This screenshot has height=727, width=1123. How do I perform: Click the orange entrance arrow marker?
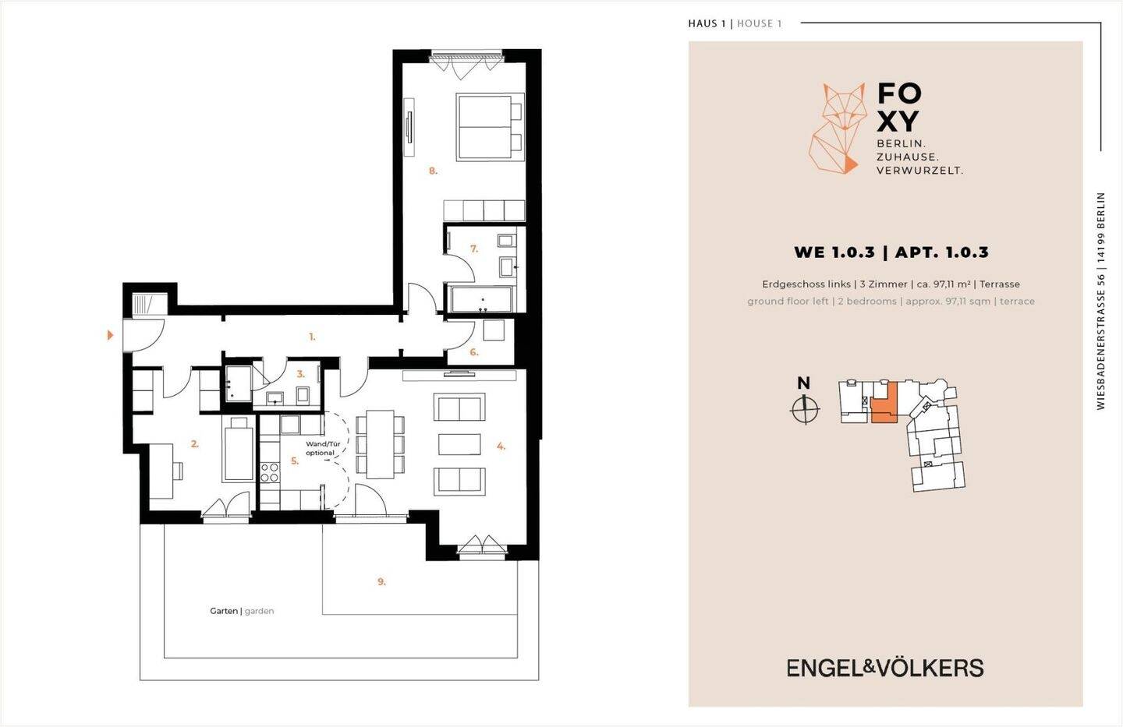[x=111, y=335]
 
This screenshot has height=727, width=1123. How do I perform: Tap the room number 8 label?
[x=433, y=171]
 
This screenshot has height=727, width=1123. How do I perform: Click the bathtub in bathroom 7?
[x=481, y=299]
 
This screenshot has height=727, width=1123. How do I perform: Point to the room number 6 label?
[x=474, y=352]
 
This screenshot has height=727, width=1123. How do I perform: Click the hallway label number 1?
[x=312, y=337]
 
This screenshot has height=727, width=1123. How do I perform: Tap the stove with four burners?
[x=270, y=472]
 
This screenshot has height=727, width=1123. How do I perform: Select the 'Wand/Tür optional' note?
[x=323, y=448]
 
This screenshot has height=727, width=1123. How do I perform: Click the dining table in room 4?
[x=380, y=444]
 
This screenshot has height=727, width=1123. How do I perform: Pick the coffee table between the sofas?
[x=459, y=444]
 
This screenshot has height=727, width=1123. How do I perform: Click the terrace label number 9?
[x=381, y=582]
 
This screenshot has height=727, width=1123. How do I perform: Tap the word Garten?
[x=224, y=611]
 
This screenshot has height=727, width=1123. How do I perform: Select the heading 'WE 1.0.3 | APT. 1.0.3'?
[x=891, y=252]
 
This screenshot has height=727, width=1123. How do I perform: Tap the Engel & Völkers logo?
[x=885, y=668]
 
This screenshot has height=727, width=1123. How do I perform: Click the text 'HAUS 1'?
[x=707, y=23]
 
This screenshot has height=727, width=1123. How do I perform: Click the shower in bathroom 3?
[x=238, y=384]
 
